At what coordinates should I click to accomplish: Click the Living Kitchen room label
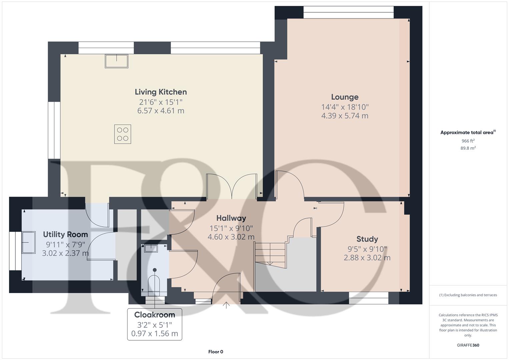coord(161,92)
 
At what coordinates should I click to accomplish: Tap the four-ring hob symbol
coord(122,134)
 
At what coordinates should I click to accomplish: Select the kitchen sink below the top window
coord(117,61)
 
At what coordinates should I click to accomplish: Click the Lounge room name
coord(345,97)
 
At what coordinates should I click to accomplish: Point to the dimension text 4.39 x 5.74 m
coord(345,116)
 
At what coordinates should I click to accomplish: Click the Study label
coord(367,239)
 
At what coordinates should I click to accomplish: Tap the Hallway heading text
coord(231,218)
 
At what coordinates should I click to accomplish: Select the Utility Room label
coord(65,234)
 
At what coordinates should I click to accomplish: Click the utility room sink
coord(29,242)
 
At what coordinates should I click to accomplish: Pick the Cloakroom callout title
coord(154,315)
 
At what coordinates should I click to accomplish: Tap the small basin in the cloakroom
coord(151,248)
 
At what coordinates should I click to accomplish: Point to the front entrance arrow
coord(226,305)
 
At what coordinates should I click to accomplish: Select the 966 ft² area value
coord(468,141)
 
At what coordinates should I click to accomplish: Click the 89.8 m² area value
coord(468,148)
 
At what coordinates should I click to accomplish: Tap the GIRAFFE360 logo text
coord(468,345)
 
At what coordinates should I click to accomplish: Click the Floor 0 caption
coord(216,352)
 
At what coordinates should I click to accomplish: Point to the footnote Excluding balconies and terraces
coord(468,295)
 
